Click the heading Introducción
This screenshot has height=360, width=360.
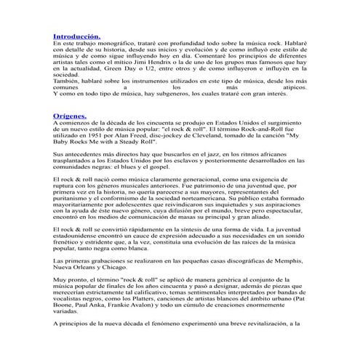coord(77,36)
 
